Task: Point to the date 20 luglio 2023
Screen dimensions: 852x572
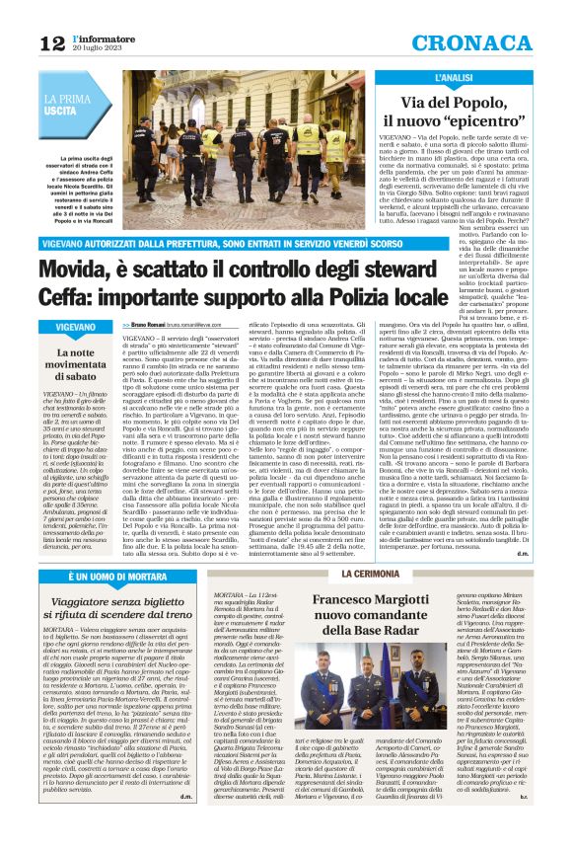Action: [x=95, y=48]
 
